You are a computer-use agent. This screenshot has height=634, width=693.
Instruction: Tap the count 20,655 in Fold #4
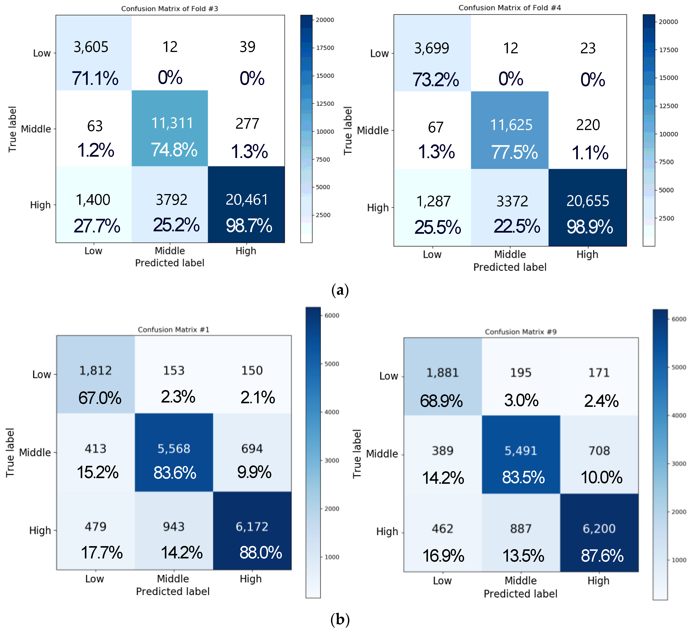588,201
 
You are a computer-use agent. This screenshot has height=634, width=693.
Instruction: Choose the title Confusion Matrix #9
520,332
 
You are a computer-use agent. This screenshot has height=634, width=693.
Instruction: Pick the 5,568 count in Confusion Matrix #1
174,448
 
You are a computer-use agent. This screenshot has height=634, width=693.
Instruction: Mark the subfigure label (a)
340,290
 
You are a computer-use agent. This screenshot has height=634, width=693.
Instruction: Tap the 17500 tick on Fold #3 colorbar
325,48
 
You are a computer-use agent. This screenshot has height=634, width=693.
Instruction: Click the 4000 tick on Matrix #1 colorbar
332,412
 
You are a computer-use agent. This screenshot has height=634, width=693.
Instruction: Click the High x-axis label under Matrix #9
598,581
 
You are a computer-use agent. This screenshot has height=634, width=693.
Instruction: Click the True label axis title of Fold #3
12,129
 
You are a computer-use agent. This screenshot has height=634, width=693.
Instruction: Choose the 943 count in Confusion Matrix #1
174,526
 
